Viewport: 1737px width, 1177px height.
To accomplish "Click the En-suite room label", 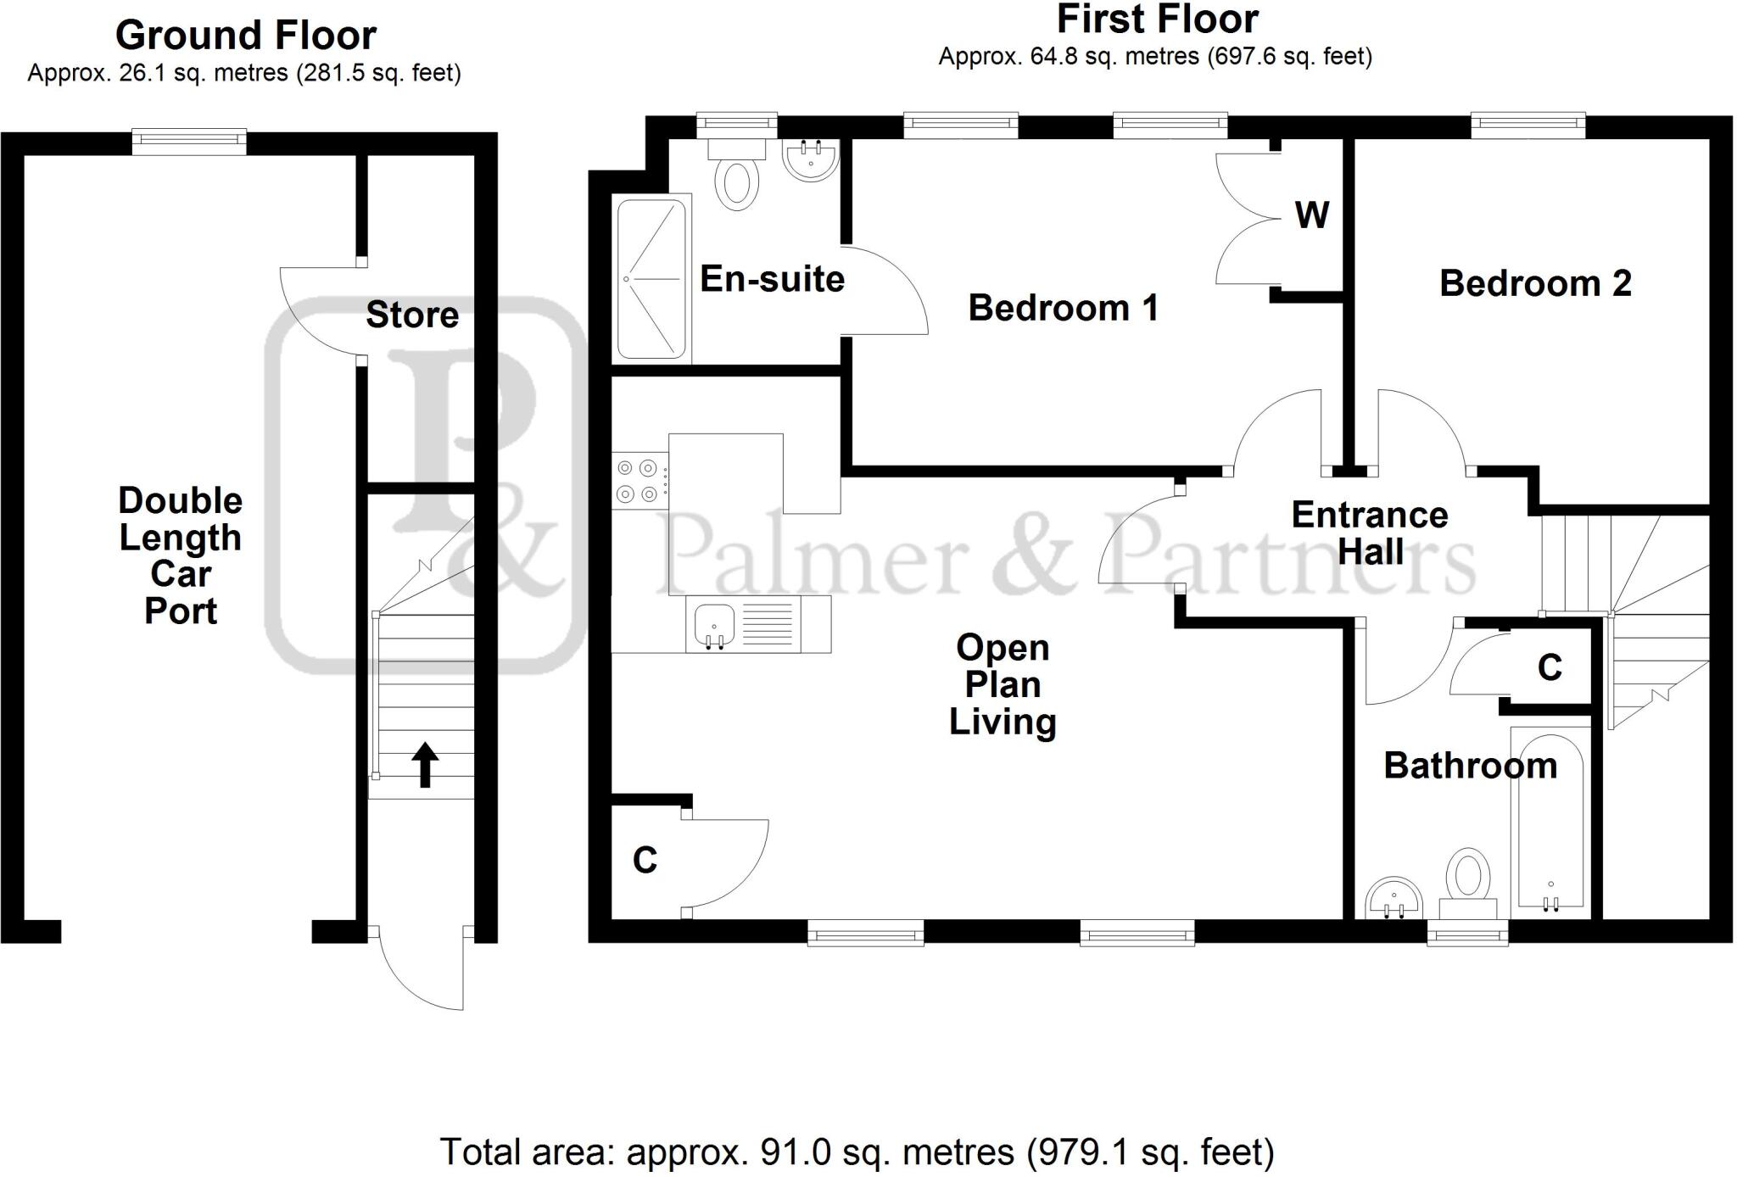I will [x=772, y=279].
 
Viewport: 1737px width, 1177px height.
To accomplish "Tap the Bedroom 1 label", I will [x=1063, y=308].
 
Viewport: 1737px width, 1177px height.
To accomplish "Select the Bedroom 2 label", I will [x=1535, y=283].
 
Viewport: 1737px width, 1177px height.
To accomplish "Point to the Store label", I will [x=412, y=315].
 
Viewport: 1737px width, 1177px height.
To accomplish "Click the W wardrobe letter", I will [x=1311, y=215].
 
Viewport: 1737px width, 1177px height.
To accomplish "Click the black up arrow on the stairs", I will [x=425, y=764].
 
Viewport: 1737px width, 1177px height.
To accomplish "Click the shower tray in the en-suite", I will [x=651, y=278].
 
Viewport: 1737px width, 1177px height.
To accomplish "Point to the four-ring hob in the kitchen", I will [x=638, y=480].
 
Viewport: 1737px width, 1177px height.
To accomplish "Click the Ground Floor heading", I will [x=246, y=36].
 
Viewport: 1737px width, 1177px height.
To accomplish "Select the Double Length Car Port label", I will [x=181, y=555].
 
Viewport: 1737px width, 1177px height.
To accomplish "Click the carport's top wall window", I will [x=189, y=142].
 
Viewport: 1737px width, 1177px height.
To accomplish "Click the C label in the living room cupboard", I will [x=645, y=861].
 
